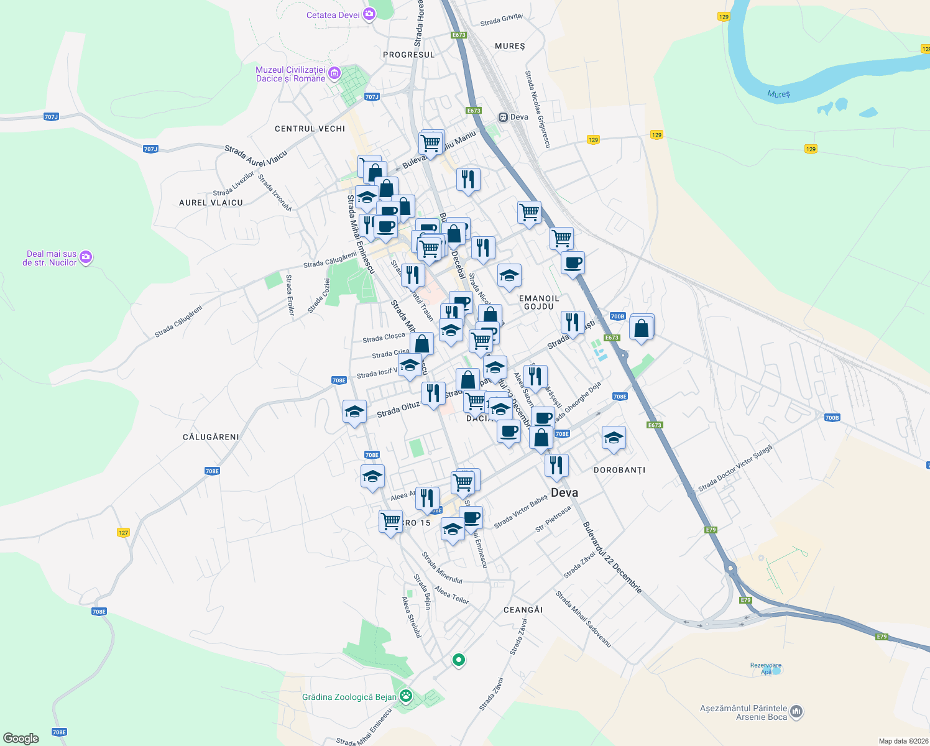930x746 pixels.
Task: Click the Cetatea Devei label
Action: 333,15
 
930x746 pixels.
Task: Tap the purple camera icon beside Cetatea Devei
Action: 369,14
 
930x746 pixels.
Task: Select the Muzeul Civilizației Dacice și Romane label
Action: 290,75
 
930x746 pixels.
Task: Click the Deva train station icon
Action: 504,117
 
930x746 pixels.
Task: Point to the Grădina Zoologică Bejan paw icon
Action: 406,696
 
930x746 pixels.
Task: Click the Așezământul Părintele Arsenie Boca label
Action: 744,712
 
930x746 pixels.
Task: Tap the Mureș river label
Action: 778,94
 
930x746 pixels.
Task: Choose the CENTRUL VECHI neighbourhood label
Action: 310,129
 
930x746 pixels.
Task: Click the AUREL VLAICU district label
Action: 211,203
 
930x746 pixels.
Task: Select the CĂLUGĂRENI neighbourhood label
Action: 211,437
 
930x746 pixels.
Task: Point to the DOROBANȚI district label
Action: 619,470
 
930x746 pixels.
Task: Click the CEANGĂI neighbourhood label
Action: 523,610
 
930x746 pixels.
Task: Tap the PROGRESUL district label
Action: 408,55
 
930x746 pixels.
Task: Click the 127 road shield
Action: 123,533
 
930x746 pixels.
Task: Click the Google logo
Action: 21,738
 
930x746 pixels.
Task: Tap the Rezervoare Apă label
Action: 766,668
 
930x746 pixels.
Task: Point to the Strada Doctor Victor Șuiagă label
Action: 735,467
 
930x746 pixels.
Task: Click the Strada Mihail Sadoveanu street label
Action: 583,619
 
